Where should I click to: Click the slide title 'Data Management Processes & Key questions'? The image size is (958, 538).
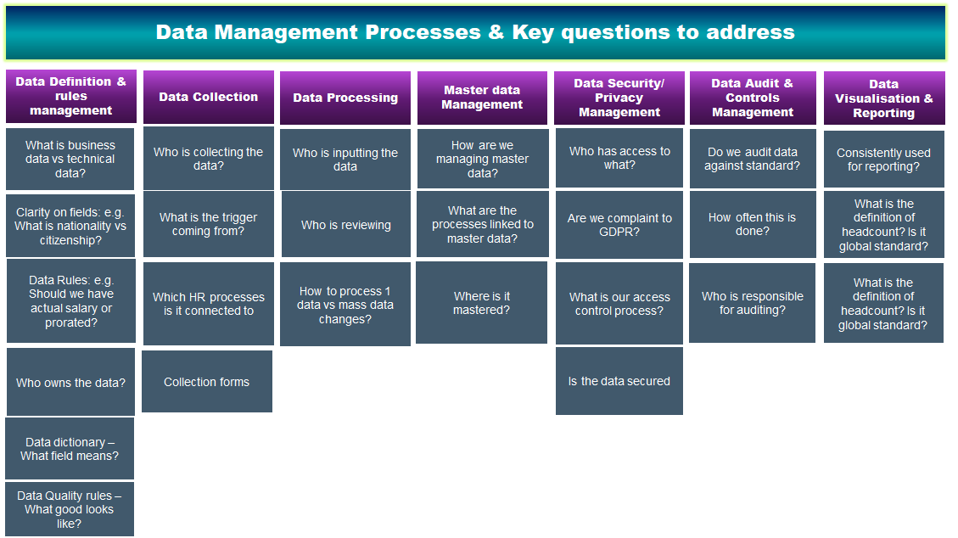(475, 32)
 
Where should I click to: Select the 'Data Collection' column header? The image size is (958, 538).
(208, 97)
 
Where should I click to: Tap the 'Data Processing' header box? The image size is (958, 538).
(345, 98)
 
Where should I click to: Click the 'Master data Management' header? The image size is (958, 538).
(482, 98)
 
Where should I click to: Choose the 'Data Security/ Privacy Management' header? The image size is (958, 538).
(619, 98)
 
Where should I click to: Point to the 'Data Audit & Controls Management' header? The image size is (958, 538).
(753, 98)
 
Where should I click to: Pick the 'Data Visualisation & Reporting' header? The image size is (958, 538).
(883, 98)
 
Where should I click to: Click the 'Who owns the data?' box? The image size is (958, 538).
(70, 383)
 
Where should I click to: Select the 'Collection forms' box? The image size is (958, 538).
(207, 382)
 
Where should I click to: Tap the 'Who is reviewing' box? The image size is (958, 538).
(345, 225)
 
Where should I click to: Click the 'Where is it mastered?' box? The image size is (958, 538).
(482, 303)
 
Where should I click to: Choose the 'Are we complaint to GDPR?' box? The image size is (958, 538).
(619, 225)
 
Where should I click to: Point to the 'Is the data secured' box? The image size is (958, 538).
(619, 381)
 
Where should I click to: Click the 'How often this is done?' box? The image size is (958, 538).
(753, 225)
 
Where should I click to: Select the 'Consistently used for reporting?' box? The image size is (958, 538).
(883, 160)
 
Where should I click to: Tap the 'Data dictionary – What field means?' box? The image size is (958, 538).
(70, 449)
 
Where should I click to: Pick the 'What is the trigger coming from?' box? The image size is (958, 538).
(208, 224)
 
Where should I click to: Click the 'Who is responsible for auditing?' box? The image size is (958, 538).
(753, 303)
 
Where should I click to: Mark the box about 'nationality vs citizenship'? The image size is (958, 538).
(70, 226)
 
